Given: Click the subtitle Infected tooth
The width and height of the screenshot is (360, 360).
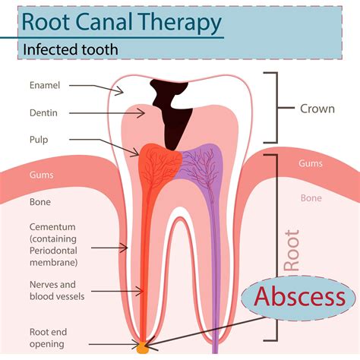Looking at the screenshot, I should [x=71, y=50].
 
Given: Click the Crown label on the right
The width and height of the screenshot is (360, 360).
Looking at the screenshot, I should [x=316, y=109].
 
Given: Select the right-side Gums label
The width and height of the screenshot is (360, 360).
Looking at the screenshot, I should [x=311, y=163].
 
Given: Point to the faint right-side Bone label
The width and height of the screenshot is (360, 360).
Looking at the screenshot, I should [x=311, y=197].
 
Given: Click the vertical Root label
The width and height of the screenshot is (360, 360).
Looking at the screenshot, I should [x=291, y=251].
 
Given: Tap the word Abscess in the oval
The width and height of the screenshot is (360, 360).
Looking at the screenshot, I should [x=299, y=297].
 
